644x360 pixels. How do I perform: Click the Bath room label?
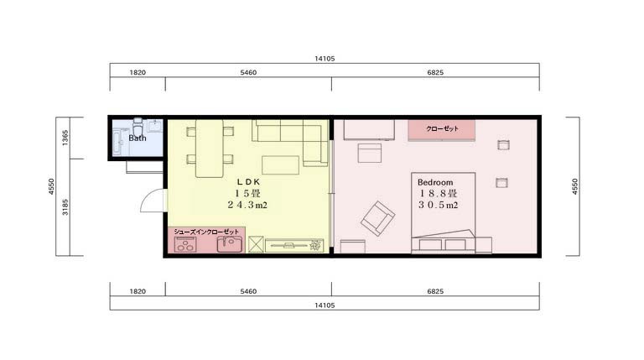[x=138, y=138]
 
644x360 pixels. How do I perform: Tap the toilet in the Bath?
[x=138, y=125]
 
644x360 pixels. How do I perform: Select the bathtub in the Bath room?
[x=119, y=142]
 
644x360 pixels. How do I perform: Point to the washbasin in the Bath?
[x=156, y=126]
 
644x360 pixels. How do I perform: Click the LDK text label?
[x=249, y=181]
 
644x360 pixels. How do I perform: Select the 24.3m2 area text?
[x=247, y=205]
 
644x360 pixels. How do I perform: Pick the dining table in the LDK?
[x=210, y=149]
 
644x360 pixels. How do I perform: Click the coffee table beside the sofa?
[x=281, y=165]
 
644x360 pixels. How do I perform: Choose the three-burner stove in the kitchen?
[x=185, y=245]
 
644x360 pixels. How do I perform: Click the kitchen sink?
[x=229, y=244]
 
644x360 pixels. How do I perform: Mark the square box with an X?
[x=256, y=244]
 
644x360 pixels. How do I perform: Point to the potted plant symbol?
[x=315, y=245]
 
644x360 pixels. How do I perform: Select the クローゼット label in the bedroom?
[x=442, y=128]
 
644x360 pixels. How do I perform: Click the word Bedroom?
[x=435, y=182]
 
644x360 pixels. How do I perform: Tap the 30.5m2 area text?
[x=439, y=205]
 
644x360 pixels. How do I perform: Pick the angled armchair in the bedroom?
[x=378, y=219]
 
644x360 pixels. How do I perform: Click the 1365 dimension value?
[x=65, y=138]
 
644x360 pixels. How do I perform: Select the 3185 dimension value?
[x=65, y=207]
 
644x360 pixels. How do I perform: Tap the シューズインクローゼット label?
[x=206, y=232]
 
